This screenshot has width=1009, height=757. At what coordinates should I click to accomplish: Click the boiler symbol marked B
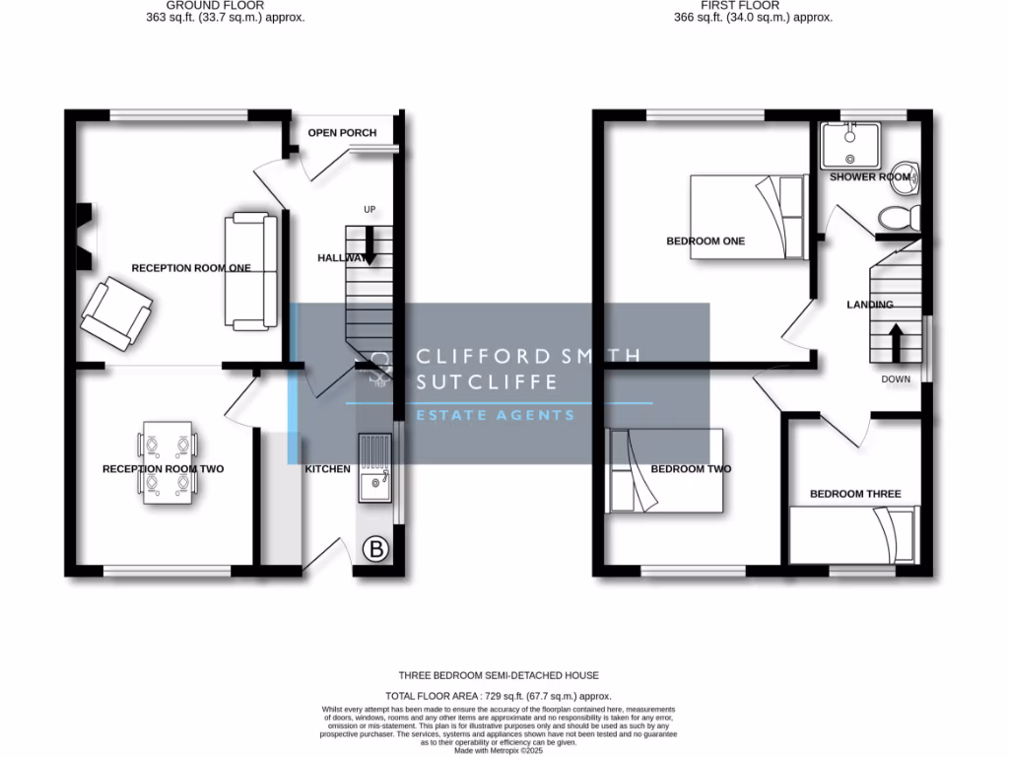375,550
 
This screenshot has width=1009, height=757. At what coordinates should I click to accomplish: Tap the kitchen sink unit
374,468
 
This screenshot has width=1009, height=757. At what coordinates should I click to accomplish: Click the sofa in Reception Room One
250,269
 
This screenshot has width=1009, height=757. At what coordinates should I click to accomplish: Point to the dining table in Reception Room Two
168,463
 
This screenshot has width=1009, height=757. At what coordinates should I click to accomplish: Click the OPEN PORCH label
342,133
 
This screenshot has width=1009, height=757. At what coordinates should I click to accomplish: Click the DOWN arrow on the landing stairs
896,344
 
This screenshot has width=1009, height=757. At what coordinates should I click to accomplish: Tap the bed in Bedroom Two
666,470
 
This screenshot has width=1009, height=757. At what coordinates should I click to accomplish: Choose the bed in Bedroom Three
854,535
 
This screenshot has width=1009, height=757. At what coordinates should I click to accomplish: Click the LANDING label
870,305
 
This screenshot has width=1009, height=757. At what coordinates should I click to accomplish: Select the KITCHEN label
327,469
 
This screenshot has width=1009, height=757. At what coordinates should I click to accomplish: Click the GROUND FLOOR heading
214,6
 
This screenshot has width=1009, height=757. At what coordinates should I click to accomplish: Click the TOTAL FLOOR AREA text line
498,696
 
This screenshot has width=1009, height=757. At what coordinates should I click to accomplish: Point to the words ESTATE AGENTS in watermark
495,415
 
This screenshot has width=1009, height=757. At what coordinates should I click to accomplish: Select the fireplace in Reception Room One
86,237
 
